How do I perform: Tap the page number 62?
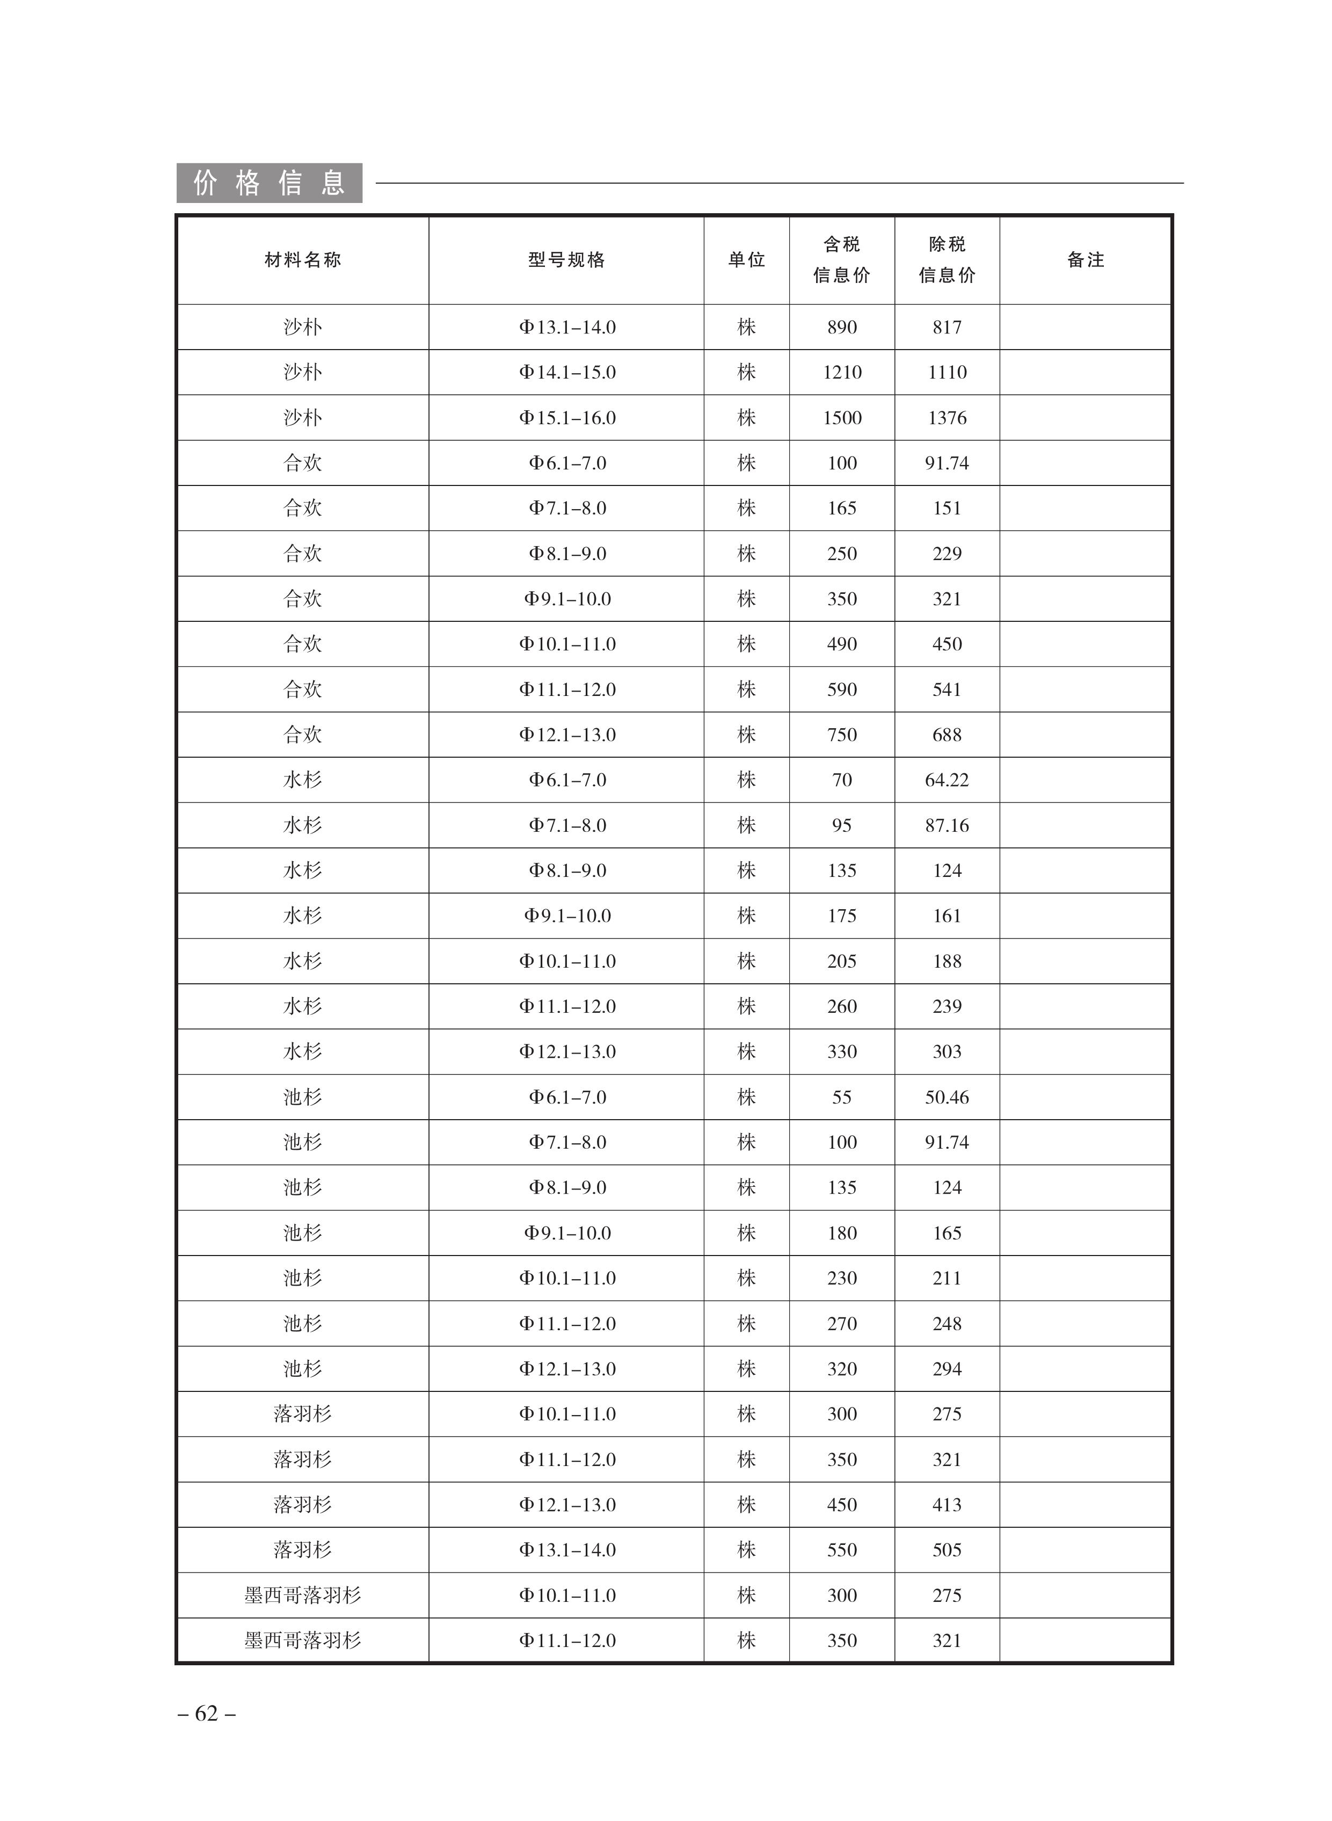(x=206, y=1713)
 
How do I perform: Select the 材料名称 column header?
(x=302, y=260)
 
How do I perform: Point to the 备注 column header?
(x=1084, y=260)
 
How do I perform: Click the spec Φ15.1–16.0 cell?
(x=567, y=418)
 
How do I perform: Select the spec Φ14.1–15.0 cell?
(x=567, y=373)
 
